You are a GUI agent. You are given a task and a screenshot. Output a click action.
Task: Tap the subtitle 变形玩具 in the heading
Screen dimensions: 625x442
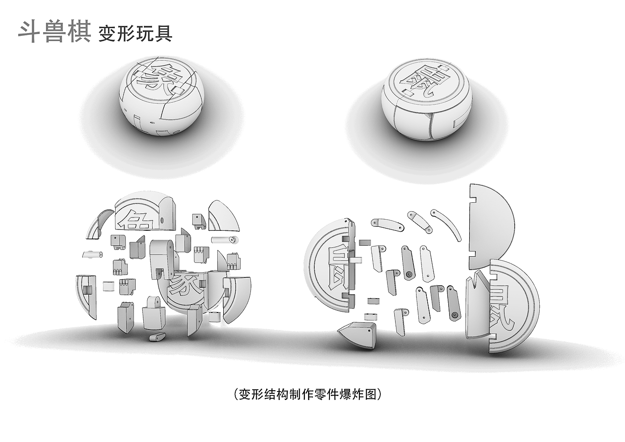(x=135, y=33)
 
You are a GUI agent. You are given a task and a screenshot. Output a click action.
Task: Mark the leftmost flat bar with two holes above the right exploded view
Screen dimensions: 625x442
(x=387, y=223)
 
